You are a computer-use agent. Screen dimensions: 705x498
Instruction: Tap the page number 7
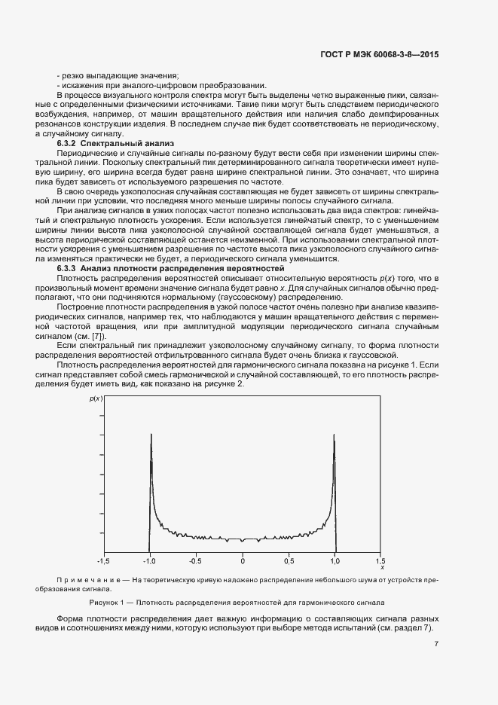tap(437, 643)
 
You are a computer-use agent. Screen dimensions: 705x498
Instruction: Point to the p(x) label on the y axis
tap(95, 398)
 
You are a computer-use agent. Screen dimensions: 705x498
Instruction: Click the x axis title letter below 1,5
tap(381, 567)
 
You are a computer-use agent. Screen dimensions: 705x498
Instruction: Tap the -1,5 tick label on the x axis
tap(104, 560)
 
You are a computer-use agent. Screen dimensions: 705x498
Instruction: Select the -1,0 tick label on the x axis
tap(150, 560)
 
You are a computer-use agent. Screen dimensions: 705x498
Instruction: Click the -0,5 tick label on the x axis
tap(196, 560)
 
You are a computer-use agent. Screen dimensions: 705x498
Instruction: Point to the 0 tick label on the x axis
tap(243, 560)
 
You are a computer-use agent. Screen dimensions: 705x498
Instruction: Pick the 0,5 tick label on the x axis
tap(289, 560)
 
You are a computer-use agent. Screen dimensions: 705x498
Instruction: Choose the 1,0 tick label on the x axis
tap(335, 560)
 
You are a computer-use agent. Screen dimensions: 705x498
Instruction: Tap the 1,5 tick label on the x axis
tap(381, 560)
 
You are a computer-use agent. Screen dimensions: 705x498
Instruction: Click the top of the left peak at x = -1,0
tap(151, 435)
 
